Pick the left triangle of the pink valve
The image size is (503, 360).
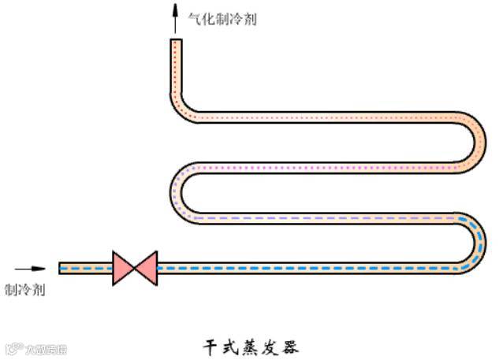coord(124,268)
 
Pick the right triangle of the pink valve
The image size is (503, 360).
coord(147,268)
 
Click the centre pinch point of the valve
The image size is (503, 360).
coord(136,268)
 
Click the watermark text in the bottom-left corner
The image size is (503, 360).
coord(35,349)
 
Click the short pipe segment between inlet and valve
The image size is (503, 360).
coord(87,268)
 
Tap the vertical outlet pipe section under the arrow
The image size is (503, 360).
coord(177,67)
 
